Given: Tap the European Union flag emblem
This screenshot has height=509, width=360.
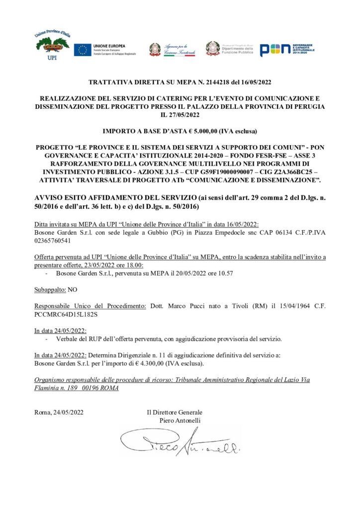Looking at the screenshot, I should pos(83,49).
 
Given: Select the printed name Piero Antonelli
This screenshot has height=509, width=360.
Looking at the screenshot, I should pos(180,421).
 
